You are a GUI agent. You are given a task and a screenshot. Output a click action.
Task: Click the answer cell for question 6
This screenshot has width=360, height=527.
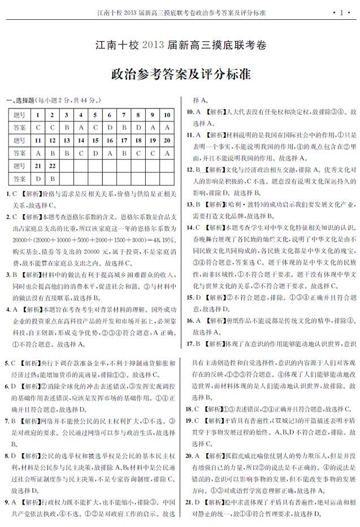pos(110,128)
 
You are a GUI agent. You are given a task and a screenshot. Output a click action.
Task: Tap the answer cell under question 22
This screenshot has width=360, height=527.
pos(52,179)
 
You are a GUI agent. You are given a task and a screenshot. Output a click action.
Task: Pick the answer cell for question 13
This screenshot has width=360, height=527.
pos(67,153)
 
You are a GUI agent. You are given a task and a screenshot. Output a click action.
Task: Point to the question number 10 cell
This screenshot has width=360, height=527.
pos(167,115)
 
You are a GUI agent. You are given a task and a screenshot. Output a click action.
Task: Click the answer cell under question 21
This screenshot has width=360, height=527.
pos(38,179)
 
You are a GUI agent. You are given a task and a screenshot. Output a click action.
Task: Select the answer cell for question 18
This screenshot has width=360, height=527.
pos(138,153)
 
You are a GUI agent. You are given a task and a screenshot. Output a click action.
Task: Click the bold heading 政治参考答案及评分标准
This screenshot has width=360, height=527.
pos(180,74)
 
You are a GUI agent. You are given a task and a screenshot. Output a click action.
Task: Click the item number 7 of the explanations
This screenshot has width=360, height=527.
pos(7,421)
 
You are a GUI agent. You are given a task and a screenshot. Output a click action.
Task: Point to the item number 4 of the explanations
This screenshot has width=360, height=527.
pos(7,310)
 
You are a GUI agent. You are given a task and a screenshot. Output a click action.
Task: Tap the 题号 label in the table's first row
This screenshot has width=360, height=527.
pos(19,115)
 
